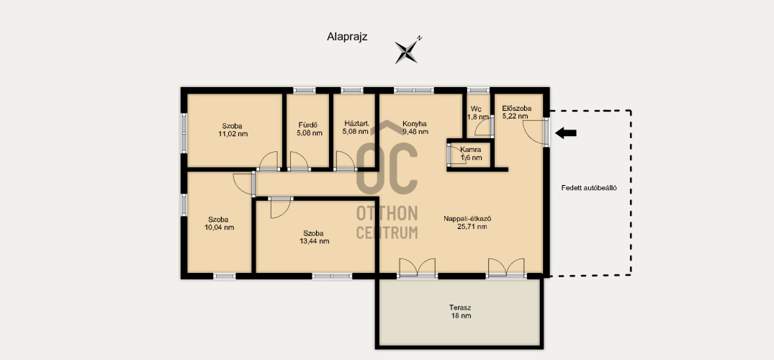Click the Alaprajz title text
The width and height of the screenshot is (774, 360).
tap(347, 36)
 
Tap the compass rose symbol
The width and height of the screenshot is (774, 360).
tap(407, 51)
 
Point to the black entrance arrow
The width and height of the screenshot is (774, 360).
tap(566, 132)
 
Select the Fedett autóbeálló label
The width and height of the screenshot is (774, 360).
tap(589, 188)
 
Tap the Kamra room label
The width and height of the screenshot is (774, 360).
tap(471, 149)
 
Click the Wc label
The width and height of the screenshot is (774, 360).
tap(476, 109)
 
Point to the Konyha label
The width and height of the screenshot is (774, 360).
tap(414, 124)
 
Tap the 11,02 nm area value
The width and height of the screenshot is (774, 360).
tap(233, 133)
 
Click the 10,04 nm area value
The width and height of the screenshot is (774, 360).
tap(219, 228)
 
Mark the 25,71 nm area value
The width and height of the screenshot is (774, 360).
tap(472, 227)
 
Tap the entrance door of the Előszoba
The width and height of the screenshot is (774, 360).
tap(535, 131)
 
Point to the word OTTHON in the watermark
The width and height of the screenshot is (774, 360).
tap(387, 214)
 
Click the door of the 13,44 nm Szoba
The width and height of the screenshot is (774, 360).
tap(280, 207)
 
